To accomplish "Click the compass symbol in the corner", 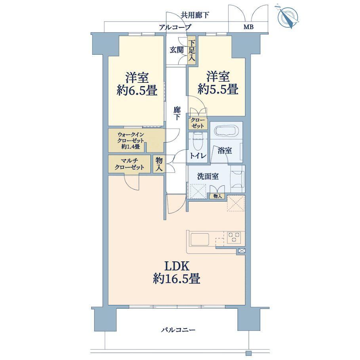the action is tap(288, 17).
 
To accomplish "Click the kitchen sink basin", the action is tap(200, 240).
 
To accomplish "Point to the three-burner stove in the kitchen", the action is tap(234, 237).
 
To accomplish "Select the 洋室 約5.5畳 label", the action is tap(218, 83).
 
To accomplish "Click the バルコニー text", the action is tap(178, 330).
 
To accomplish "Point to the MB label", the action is tap(248, 27).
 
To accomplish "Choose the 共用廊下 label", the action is tap(195, 15).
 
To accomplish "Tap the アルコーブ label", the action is tap(175, 27).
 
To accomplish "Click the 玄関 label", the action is tap(177, 50).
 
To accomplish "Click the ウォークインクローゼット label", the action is tap(131, 140).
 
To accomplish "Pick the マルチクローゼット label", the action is tap(129, 164).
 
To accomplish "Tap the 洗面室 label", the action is tap(208, 176).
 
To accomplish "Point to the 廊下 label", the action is tap(177, 113).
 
